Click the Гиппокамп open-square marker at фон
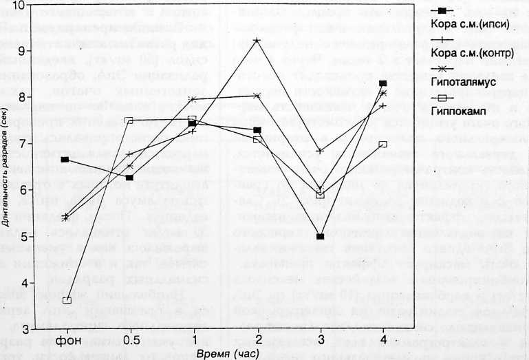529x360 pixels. tap(67, 301)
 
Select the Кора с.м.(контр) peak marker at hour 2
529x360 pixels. tap(257, 41)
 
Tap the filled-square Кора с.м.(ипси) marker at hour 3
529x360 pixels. tap(320, 236)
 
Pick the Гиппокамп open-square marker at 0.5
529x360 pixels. tap(129, 120)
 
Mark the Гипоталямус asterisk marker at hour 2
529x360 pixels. tap(257, 96)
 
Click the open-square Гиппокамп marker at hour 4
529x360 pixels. tap(383, 145)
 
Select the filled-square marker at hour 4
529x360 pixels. tap(383, 83)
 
